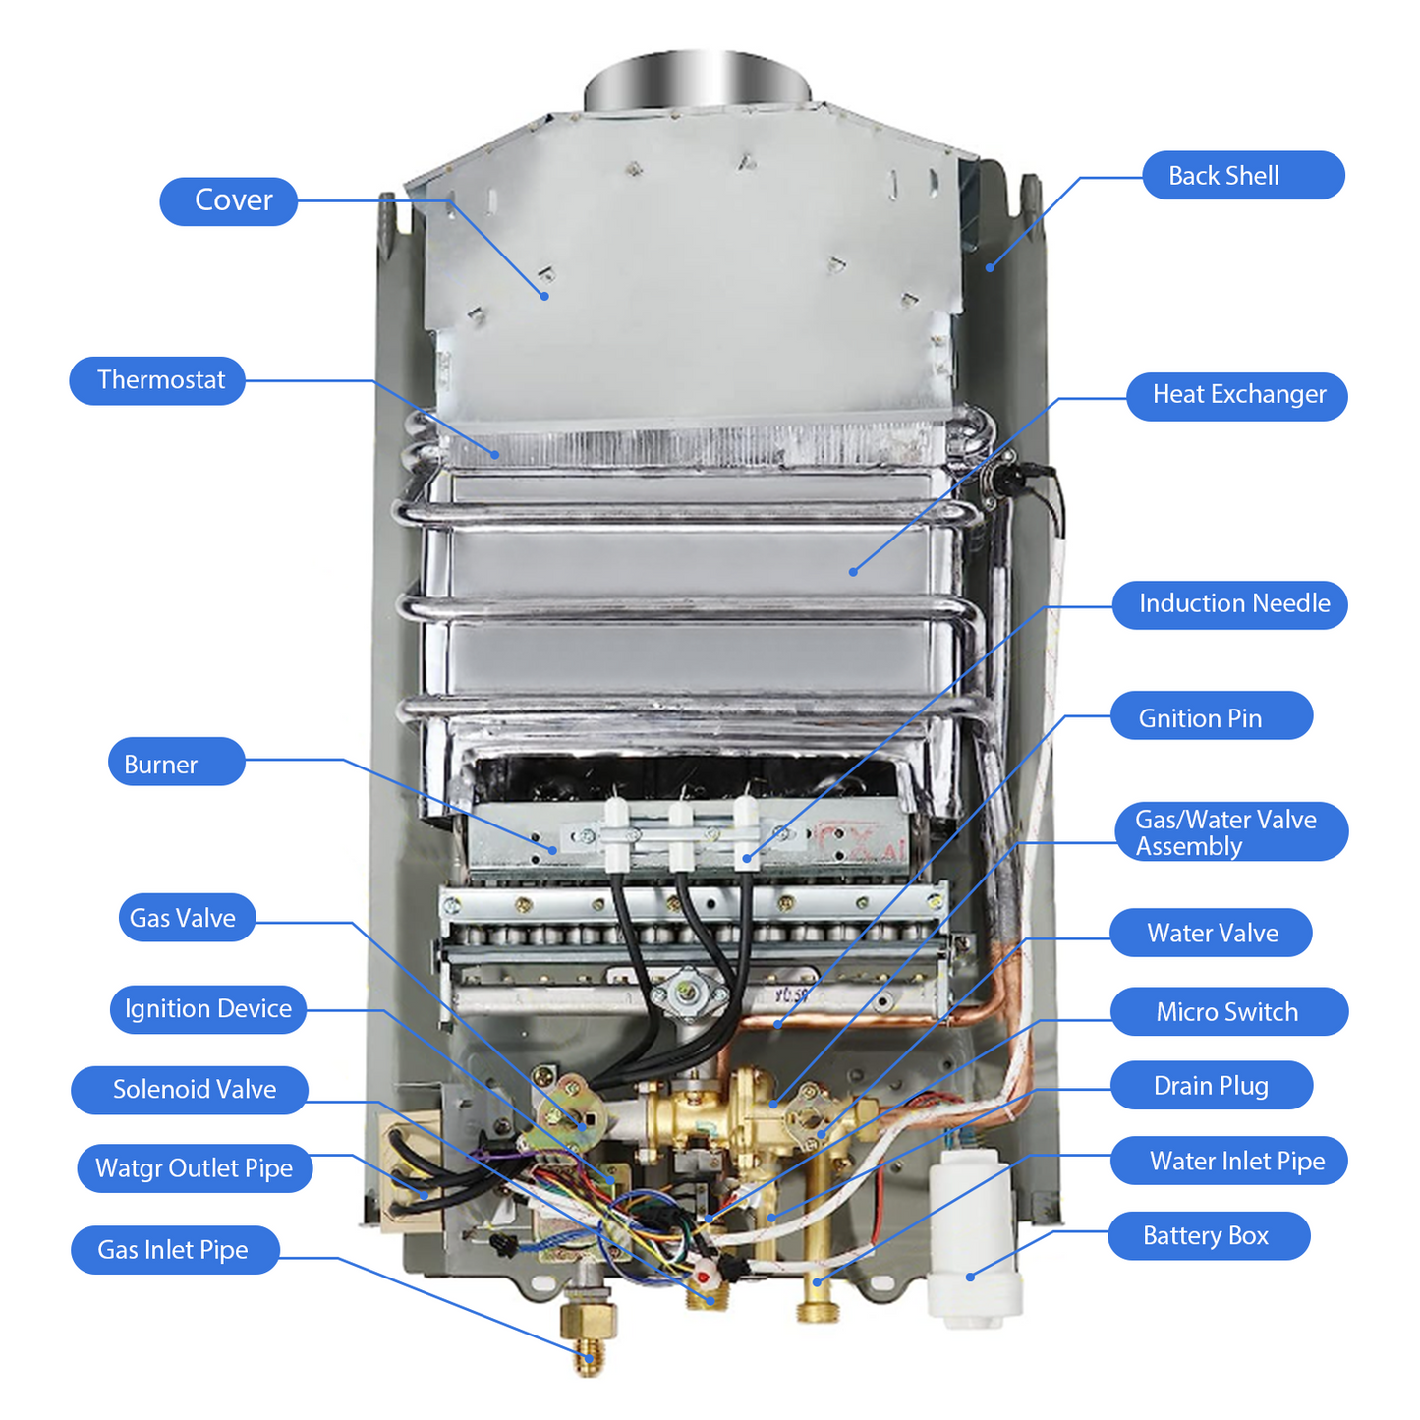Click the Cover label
click(228, 201)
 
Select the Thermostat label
click(157, 380)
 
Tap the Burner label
click(176, 762)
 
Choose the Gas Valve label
click(187, 917)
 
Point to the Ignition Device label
click(207, 1009)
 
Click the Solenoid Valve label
click(190, 1089)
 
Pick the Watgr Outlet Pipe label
click(195, 1168)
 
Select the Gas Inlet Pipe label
click(175, 1250)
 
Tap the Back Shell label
click(1243, 175)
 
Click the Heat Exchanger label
click(1237, 396)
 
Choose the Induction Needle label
click(1230, 605)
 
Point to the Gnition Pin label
click(1212, 714)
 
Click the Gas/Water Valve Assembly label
click(1231, 831)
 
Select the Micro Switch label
click(1229, 1012)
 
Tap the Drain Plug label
click(1212, 1085)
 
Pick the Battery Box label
click(1210, 1236)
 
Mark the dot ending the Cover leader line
click(544, 296)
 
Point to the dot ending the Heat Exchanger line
click(853, 572)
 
